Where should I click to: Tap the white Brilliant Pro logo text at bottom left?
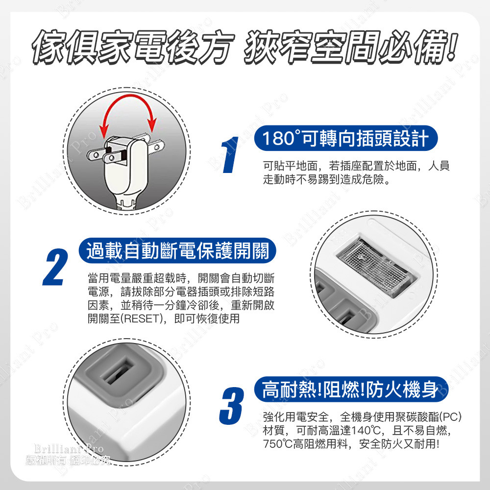point(69,448)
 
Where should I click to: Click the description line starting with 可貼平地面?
point(355,167)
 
